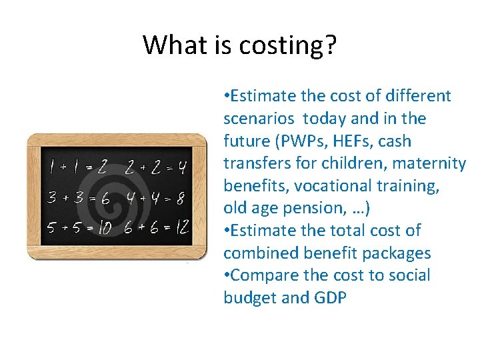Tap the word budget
pyautogui.click(x=250, y=298)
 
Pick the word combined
pyautogui.click(x=261, y=253)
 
